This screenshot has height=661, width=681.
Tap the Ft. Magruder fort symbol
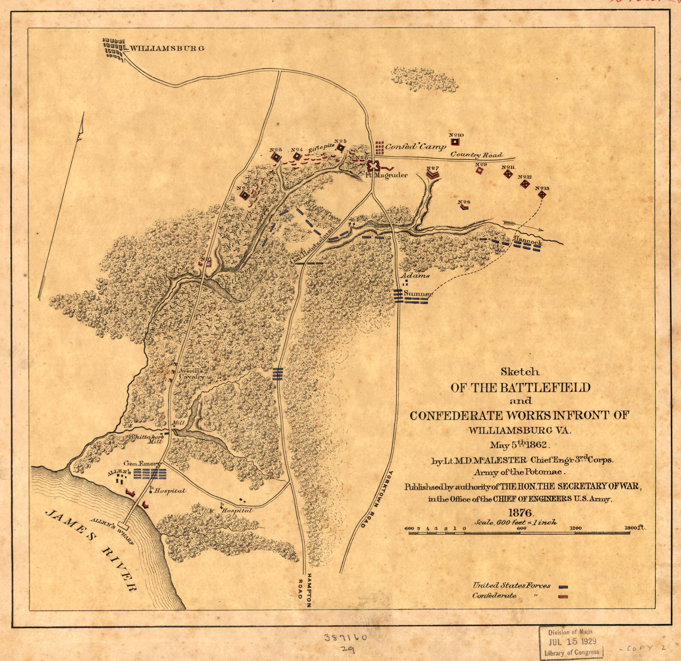(373, 166)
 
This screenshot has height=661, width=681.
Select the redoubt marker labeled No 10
(455, 142)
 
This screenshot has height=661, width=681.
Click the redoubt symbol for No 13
(541, 195)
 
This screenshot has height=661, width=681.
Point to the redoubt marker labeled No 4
(297, 156)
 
